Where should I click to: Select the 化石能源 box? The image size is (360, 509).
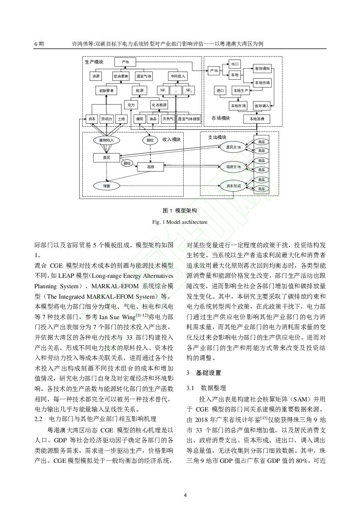coord(159,105)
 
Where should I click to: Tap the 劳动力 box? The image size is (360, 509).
coord(106,118)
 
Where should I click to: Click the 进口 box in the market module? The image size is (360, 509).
coord(220,91)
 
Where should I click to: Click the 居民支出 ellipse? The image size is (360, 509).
coord(233,147)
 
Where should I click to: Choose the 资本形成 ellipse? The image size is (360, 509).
coord(233,186)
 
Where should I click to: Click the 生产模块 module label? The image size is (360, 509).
coord(94,62)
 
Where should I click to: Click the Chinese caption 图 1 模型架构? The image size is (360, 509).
coord(180,211)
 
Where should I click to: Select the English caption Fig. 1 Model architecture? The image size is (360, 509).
coord(180,222)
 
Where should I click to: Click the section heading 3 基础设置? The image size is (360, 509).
coord(204,373)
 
